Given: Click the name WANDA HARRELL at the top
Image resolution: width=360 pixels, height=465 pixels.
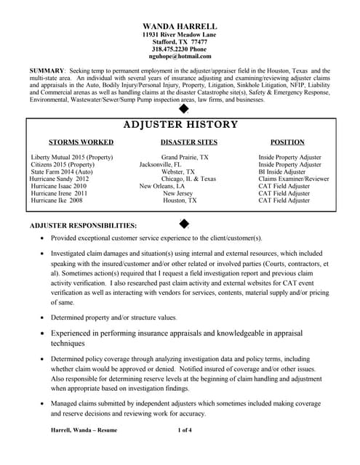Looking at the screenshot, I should [180, 26].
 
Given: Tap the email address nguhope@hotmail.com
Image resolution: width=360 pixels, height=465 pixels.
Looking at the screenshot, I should [180, 56].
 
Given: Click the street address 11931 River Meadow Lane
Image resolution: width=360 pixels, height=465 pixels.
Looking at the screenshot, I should [180, 34].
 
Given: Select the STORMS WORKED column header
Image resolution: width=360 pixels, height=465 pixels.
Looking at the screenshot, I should [81, 142].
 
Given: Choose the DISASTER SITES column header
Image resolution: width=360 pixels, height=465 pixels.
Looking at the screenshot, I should [188, 142].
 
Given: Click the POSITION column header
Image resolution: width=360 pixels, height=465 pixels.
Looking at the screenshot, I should [287, 142].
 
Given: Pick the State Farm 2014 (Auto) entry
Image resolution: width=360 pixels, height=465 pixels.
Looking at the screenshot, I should [62, 171].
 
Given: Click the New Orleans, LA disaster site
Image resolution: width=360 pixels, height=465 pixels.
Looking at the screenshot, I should [162, 186].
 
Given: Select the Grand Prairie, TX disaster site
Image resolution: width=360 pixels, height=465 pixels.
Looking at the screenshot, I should [185, 157].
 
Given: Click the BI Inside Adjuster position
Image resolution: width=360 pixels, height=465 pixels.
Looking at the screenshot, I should [284, 171].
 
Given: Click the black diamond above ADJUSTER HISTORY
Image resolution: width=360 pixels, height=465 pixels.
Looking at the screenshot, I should [183, 109].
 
